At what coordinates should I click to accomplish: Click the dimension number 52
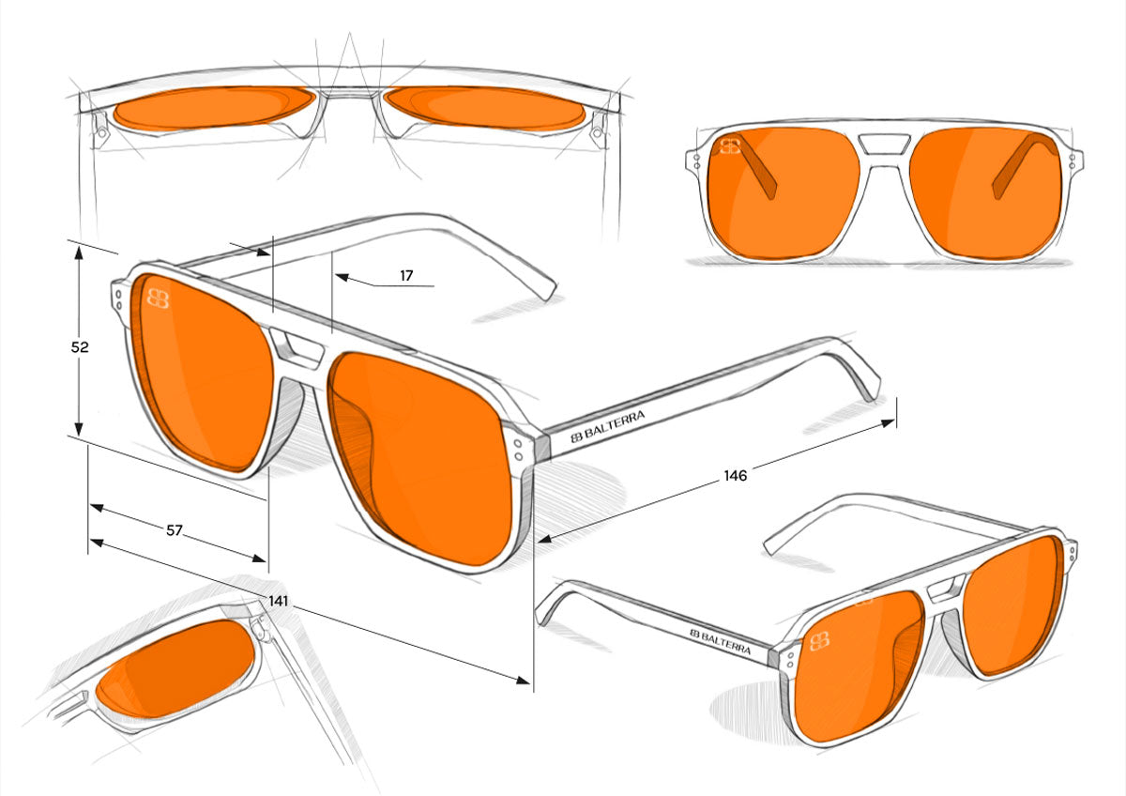click(80, 347)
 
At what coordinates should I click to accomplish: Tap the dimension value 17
click(406, 276)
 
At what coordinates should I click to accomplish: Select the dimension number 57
click(175, 530)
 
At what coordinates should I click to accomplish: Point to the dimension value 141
click(279, 601)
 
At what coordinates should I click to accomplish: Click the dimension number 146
click(735, 476)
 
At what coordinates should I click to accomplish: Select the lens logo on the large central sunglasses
click(158, 298)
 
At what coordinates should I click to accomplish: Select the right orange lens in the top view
click(486, 108)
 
